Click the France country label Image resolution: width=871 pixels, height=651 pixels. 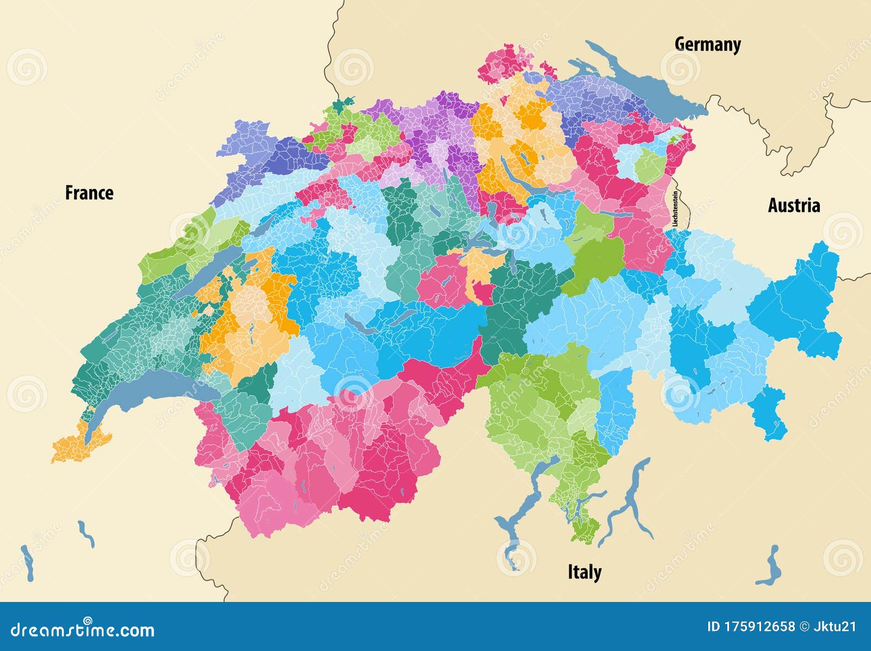click(89, 193)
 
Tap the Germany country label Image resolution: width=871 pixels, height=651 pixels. click(707, 44)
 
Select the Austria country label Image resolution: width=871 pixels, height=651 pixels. click(793, 205)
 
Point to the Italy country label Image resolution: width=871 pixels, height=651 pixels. click(584, 572)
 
